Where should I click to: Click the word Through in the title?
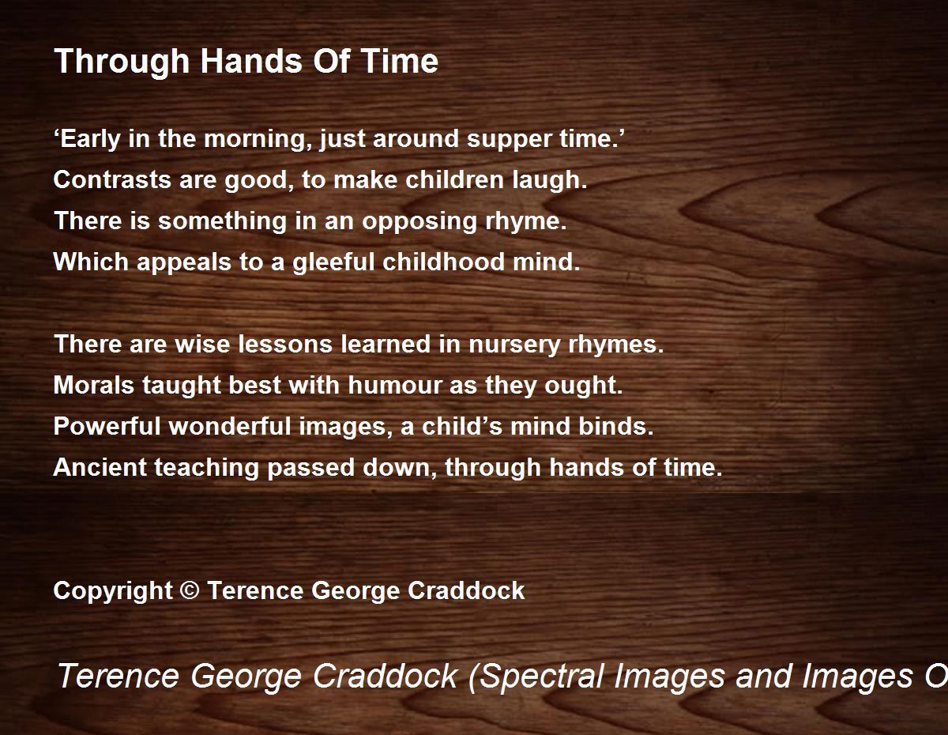point(122,62)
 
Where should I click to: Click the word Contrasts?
point(112,179)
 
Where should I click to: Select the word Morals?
point(94,386)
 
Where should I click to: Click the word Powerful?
point(107,426)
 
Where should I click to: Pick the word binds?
point(616,426)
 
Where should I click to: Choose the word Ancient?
point(100,467)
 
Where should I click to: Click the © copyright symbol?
point(190,590)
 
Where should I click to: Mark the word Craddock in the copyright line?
point(466,590)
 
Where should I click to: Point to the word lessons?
point(285,345)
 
